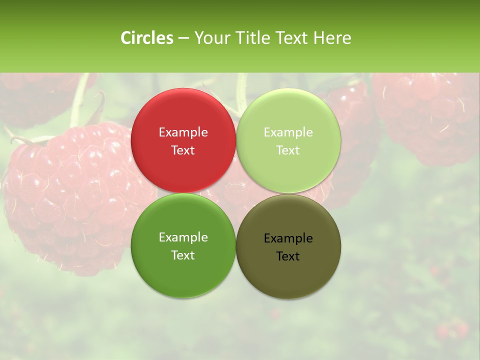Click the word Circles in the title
tap(147, 38)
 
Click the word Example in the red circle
tap(183, 132)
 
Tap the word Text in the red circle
tap(183, 150)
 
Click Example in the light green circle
tap(288, 132)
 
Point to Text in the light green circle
tap(288, 150)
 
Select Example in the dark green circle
tap(183, 237)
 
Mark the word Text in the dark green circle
tap(183, 255)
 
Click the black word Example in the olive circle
tap(288, 238)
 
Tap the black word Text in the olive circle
tap(288, 256)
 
